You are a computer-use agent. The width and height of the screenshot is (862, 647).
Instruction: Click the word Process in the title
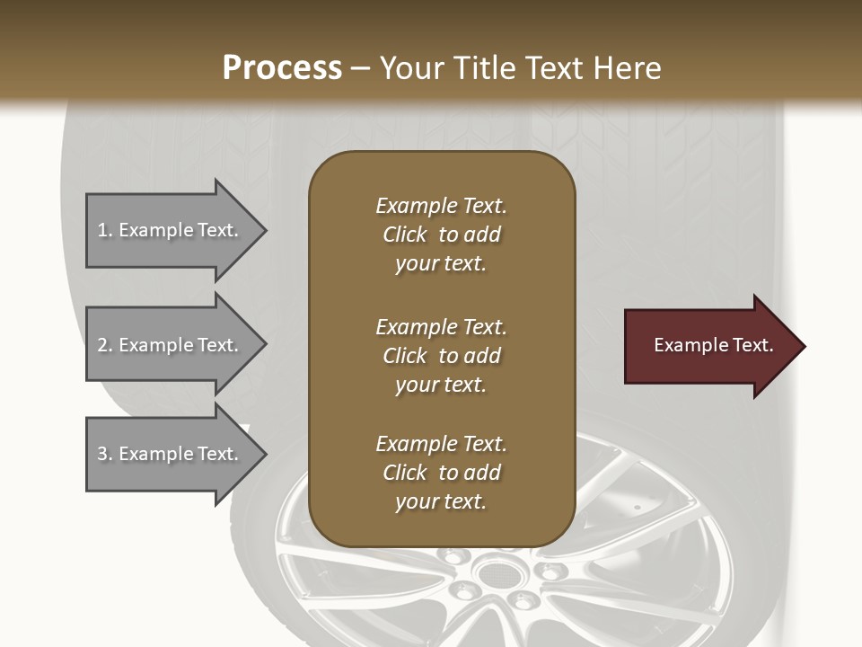coord(282,68)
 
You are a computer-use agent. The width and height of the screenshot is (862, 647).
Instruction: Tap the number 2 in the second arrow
coord(102,345)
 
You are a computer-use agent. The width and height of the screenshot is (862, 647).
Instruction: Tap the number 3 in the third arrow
coord(102,454)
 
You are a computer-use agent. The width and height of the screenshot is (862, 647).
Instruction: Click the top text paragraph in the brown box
coord(441,235)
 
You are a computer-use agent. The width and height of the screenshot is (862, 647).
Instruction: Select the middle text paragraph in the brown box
coord(441,356)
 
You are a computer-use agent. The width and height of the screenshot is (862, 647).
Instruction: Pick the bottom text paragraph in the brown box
coord(441,473)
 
